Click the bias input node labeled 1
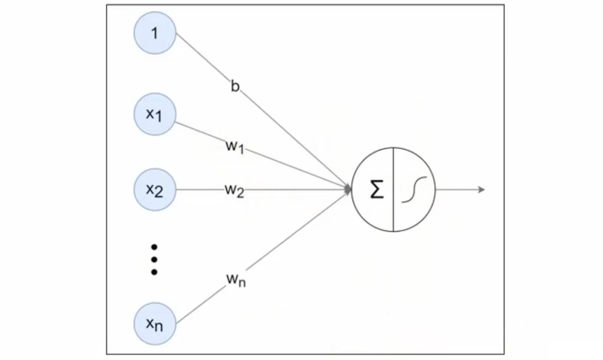[x=155, y=33]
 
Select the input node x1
[x=155, y=114]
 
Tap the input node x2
[x=155, y=190]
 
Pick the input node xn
[x=155, y=324]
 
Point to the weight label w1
[x=234, y=146]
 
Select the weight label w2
[x=234, y=190]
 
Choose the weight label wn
[x=235, y=280]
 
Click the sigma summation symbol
[x=376, y=190]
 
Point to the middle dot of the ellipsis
[x=154, y=260]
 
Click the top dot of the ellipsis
[x=154, y=248]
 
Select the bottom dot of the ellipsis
[x=154, y=272]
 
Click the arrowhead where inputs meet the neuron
[x=348, y=189]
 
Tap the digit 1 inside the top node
[x=155, y=33]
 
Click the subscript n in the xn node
[x=159, y=327]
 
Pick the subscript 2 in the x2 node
[x=159, y=193]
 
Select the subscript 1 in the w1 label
[x=241, y=149]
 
